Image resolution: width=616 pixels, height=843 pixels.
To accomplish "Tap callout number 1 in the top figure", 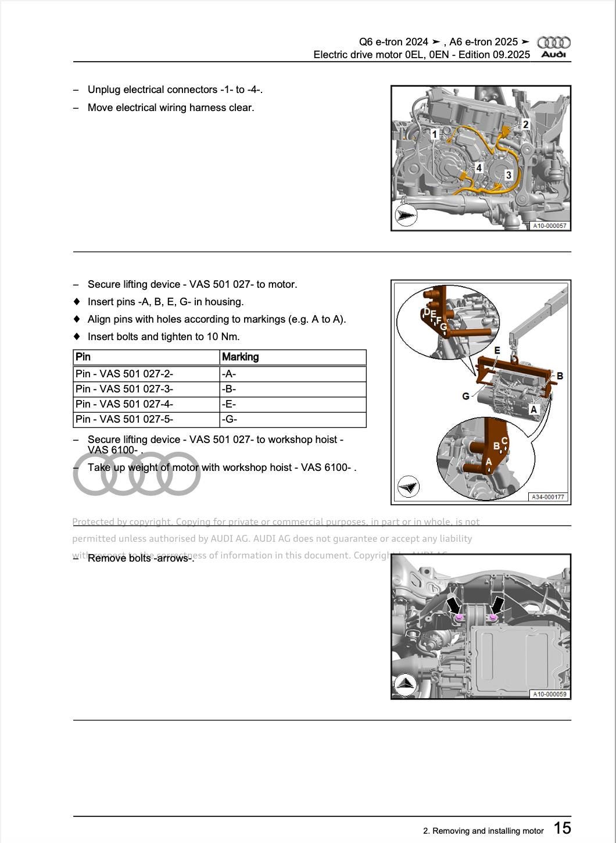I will pos(434,134).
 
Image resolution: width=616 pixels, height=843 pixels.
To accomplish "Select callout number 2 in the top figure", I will pos(525,124).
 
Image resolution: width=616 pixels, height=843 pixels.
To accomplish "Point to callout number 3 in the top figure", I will pos(508,175).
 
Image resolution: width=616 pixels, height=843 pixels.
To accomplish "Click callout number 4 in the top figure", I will pos(479,168).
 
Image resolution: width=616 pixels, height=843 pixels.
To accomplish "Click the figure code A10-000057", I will pos(550,226).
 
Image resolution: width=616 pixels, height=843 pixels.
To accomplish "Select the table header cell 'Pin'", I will pos(84,357).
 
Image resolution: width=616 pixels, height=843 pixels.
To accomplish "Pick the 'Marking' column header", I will pos(240,357).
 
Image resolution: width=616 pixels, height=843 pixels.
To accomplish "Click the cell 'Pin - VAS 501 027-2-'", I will pos(124,374).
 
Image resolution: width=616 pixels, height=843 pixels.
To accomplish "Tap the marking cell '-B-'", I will pos(229,389).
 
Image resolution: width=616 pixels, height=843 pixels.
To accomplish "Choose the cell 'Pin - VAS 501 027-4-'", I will pos(124,404).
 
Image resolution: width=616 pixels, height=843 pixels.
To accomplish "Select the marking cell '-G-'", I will pos(229,419).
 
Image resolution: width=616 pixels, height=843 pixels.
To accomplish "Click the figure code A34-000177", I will pos(548,497).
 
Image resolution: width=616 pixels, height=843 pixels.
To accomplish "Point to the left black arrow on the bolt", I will pos(453,605).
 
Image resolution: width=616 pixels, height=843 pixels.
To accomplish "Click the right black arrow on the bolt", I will pos(497,605).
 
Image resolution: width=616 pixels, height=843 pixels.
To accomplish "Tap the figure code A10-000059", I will pos(550,694).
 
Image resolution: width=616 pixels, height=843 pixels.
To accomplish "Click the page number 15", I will pos(562,828).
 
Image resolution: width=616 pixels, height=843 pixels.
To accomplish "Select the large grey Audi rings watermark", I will pos(137,474).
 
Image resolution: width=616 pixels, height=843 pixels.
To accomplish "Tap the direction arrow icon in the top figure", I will pos(406,216).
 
